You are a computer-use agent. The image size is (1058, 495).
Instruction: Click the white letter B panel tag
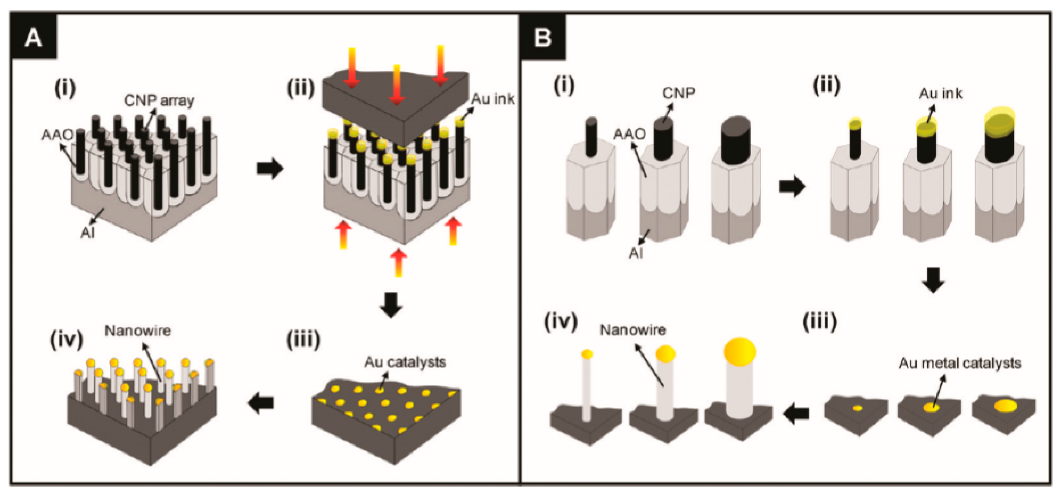(x=543, y=38)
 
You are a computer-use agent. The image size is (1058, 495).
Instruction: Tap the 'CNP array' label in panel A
(x=159, y=100)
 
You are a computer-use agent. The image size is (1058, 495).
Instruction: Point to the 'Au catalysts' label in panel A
(x=405, y=362)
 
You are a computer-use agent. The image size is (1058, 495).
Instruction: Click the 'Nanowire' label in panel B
(x=632, y=330)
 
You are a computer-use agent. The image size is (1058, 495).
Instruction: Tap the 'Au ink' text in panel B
(x=941, y=94)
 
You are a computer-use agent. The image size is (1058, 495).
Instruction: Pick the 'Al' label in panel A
(x=87, y=233)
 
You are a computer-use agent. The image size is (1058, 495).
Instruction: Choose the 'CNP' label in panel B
(x=678, y=93)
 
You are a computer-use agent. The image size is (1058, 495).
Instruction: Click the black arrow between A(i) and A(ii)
(x=270, y=168)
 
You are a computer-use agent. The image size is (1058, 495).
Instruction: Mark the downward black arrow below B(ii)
(x=933, y=280)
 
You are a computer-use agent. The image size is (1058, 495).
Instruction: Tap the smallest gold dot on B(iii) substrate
(x=858, y=408)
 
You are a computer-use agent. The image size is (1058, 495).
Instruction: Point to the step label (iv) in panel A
(x=66, y=340)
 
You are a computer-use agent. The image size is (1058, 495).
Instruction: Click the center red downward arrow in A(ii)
(x=396, y=84)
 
